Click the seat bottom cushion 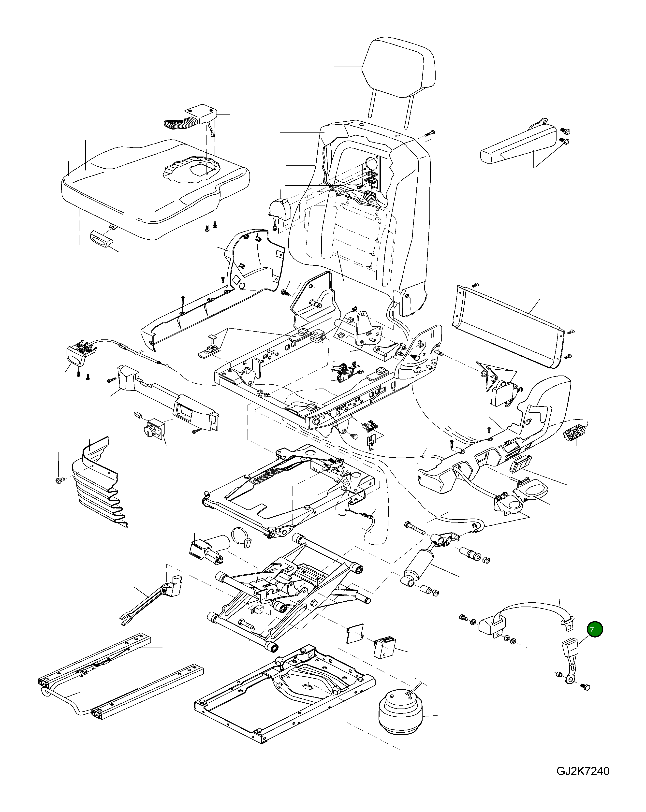click(151, 188)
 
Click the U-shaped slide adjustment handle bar click(64, 702)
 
